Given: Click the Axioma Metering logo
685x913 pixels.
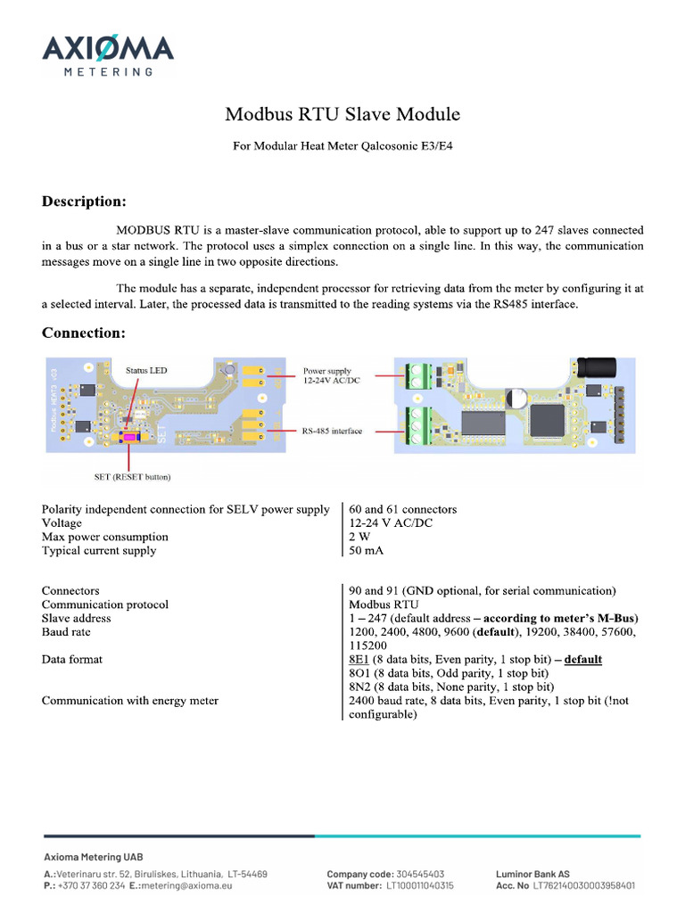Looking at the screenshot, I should [108, 54].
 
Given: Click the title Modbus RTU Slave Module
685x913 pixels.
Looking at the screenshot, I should [342, 114].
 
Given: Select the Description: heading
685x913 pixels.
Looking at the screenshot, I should [84, 201].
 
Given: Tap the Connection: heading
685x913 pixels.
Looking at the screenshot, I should [83, 333].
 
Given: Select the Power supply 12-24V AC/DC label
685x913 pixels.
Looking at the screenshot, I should [327, 375].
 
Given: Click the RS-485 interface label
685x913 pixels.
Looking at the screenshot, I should [332, 431].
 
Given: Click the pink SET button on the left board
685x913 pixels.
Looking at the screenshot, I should [130, 436].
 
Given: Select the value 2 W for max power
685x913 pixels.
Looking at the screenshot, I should [359, 537].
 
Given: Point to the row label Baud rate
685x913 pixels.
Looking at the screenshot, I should [66, 631].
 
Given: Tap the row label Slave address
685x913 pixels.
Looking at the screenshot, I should [76, 618].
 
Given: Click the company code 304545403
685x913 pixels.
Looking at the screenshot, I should [416, 874].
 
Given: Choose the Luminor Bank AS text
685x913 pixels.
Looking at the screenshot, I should [532, 874].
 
